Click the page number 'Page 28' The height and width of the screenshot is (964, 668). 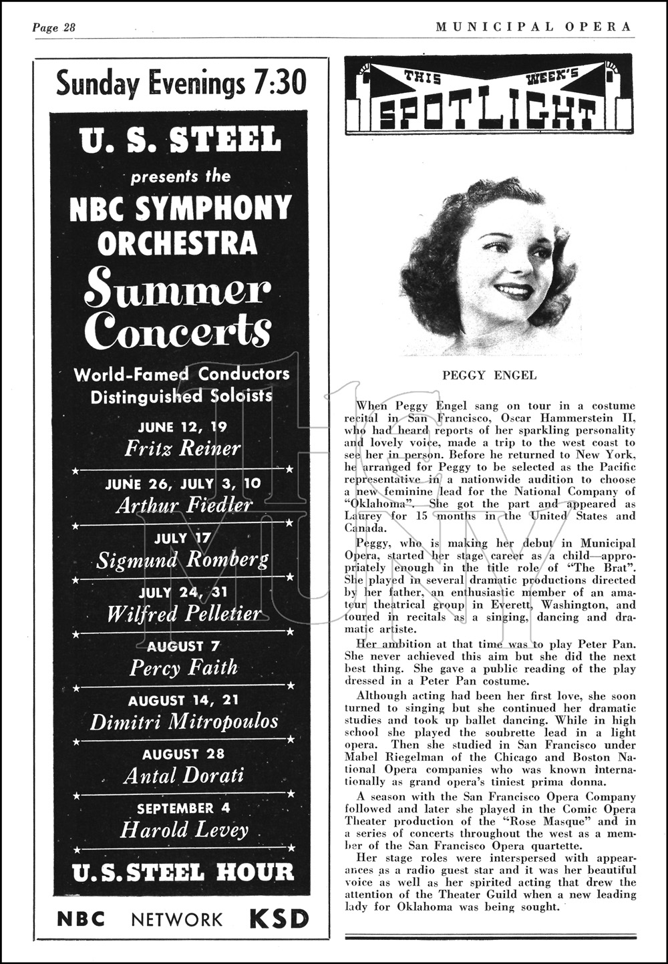click(x=54, y=27)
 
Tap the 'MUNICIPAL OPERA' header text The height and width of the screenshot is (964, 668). click(x=533, y=27)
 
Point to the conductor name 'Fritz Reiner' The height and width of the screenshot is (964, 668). click(x=182, y=448)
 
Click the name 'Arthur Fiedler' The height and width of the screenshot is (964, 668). click(x=184, y=504)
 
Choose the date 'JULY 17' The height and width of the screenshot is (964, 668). click(x=182, y=538)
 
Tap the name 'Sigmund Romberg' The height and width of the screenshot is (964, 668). click(x=182, y=560)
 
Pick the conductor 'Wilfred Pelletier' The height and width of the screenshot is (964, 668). click(x=184, y=613)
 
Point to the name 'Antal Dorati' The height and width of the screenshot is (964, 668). click(x=184, y=776)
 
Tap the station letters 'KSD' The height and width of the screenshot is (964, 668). click(x=279, y=919)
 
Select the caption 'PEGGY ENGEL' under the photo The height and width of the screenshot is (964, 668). click(x=489, y=375)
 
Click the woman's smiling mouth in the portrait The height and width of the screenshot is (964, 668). click(x=512, y=291)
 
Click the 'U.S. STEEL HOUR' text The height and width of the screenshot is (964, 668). click(x=182, y=872)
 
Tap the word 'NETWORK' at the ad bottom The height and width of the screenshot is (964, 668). click(x=177, y=920)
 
